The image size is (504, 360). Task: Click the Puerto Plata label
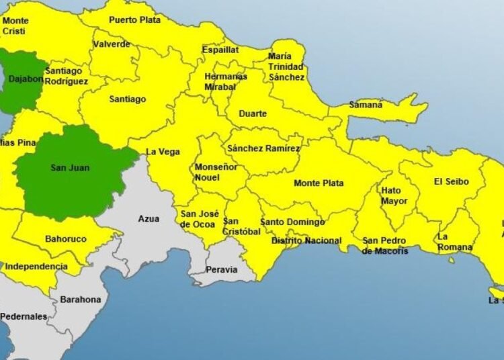(x=135, y=20)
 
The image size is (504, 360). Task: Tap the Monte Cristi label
(x=15, y=26)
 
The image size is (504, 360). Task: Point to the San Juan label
(x=70, y=168)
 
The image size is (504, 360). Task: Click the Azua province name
(x=149, y=218)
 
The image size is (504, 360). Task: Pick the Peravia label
(x=222, y=269)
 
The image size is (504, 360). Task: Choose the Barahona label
(x=81, y=300)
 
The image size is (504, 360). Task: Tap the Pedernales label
(x=24, y=316)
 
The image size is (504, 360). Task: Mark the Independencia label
(x=36, y=267)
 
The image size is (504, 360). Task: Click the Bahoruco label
(x=65, y=238)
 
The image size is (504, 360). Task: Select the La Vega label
(x=163, y=152)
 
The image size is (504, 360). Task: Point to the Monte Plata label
(x=319, y=183)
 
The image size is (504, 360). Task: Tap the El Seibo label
(x=450, y=181)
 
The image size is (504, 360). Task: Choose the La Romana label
(x=455, y=242)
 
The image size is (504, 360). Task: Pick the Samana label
(x=366, y=105)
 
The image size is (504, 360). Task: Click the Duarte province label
(x=253, y=114)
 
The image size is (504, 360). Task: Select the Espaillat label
(x=220, y=50)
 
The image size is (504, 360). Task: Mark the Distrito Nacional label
(x=306, y=240)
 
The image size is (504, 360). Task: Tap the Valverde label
(x=112, y=44)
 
